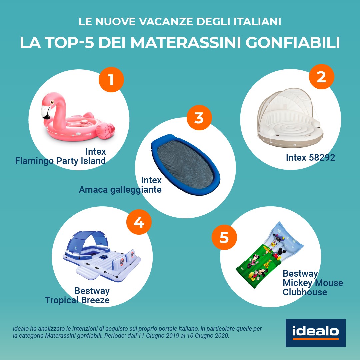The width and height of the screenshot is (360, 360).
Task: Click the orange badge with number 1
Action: click(x=111, y=80)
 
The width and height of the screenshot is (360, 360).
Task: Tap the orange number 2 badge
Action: click(x=321, y=77)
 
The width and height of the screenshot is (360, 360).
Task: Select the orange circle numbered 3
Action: click(x=199, y=118)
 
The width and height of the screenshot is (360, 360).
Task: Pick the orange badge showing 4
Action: click(x=139, y=222)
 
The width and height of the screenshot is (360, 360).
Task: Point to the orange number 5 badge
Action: click(x=224, y=237)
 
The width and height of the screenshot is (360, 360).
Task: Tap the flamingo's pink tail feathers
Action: click(x=105, y=131)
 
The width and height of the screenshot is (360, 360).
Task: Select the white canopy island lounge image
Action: click(x=290, y=118)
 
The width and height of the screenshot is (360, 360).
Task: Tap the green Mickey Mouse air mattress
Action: click(x=270, y=255)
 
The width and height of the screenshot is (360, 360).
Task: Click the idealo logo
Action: click(x=315, y=333)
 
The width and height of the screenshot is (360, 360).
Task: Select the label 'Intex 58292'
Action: click(x=310, y=157)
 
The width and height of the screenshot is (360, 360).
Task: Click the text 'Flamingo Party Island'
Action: click(x=60, y=161)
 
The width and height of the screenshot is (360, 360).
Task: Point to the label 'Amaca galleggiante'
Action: click(x=120, y=190)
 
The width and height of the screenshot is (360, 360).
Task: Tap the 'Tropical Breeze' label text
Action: click(x=77, y=300)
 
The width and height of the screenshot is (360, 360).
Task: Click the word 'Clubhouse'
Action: click(x=305, y=292)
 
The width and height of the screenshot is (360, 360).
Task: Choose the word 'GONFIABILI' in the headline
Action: click(x=293, y=42)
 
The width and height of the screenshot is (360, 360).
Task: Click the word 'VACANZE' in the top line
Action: click(x=166, y=22)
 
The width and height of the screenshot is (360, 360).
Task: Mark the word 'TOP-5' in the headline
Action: click(x=70, y=42)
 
